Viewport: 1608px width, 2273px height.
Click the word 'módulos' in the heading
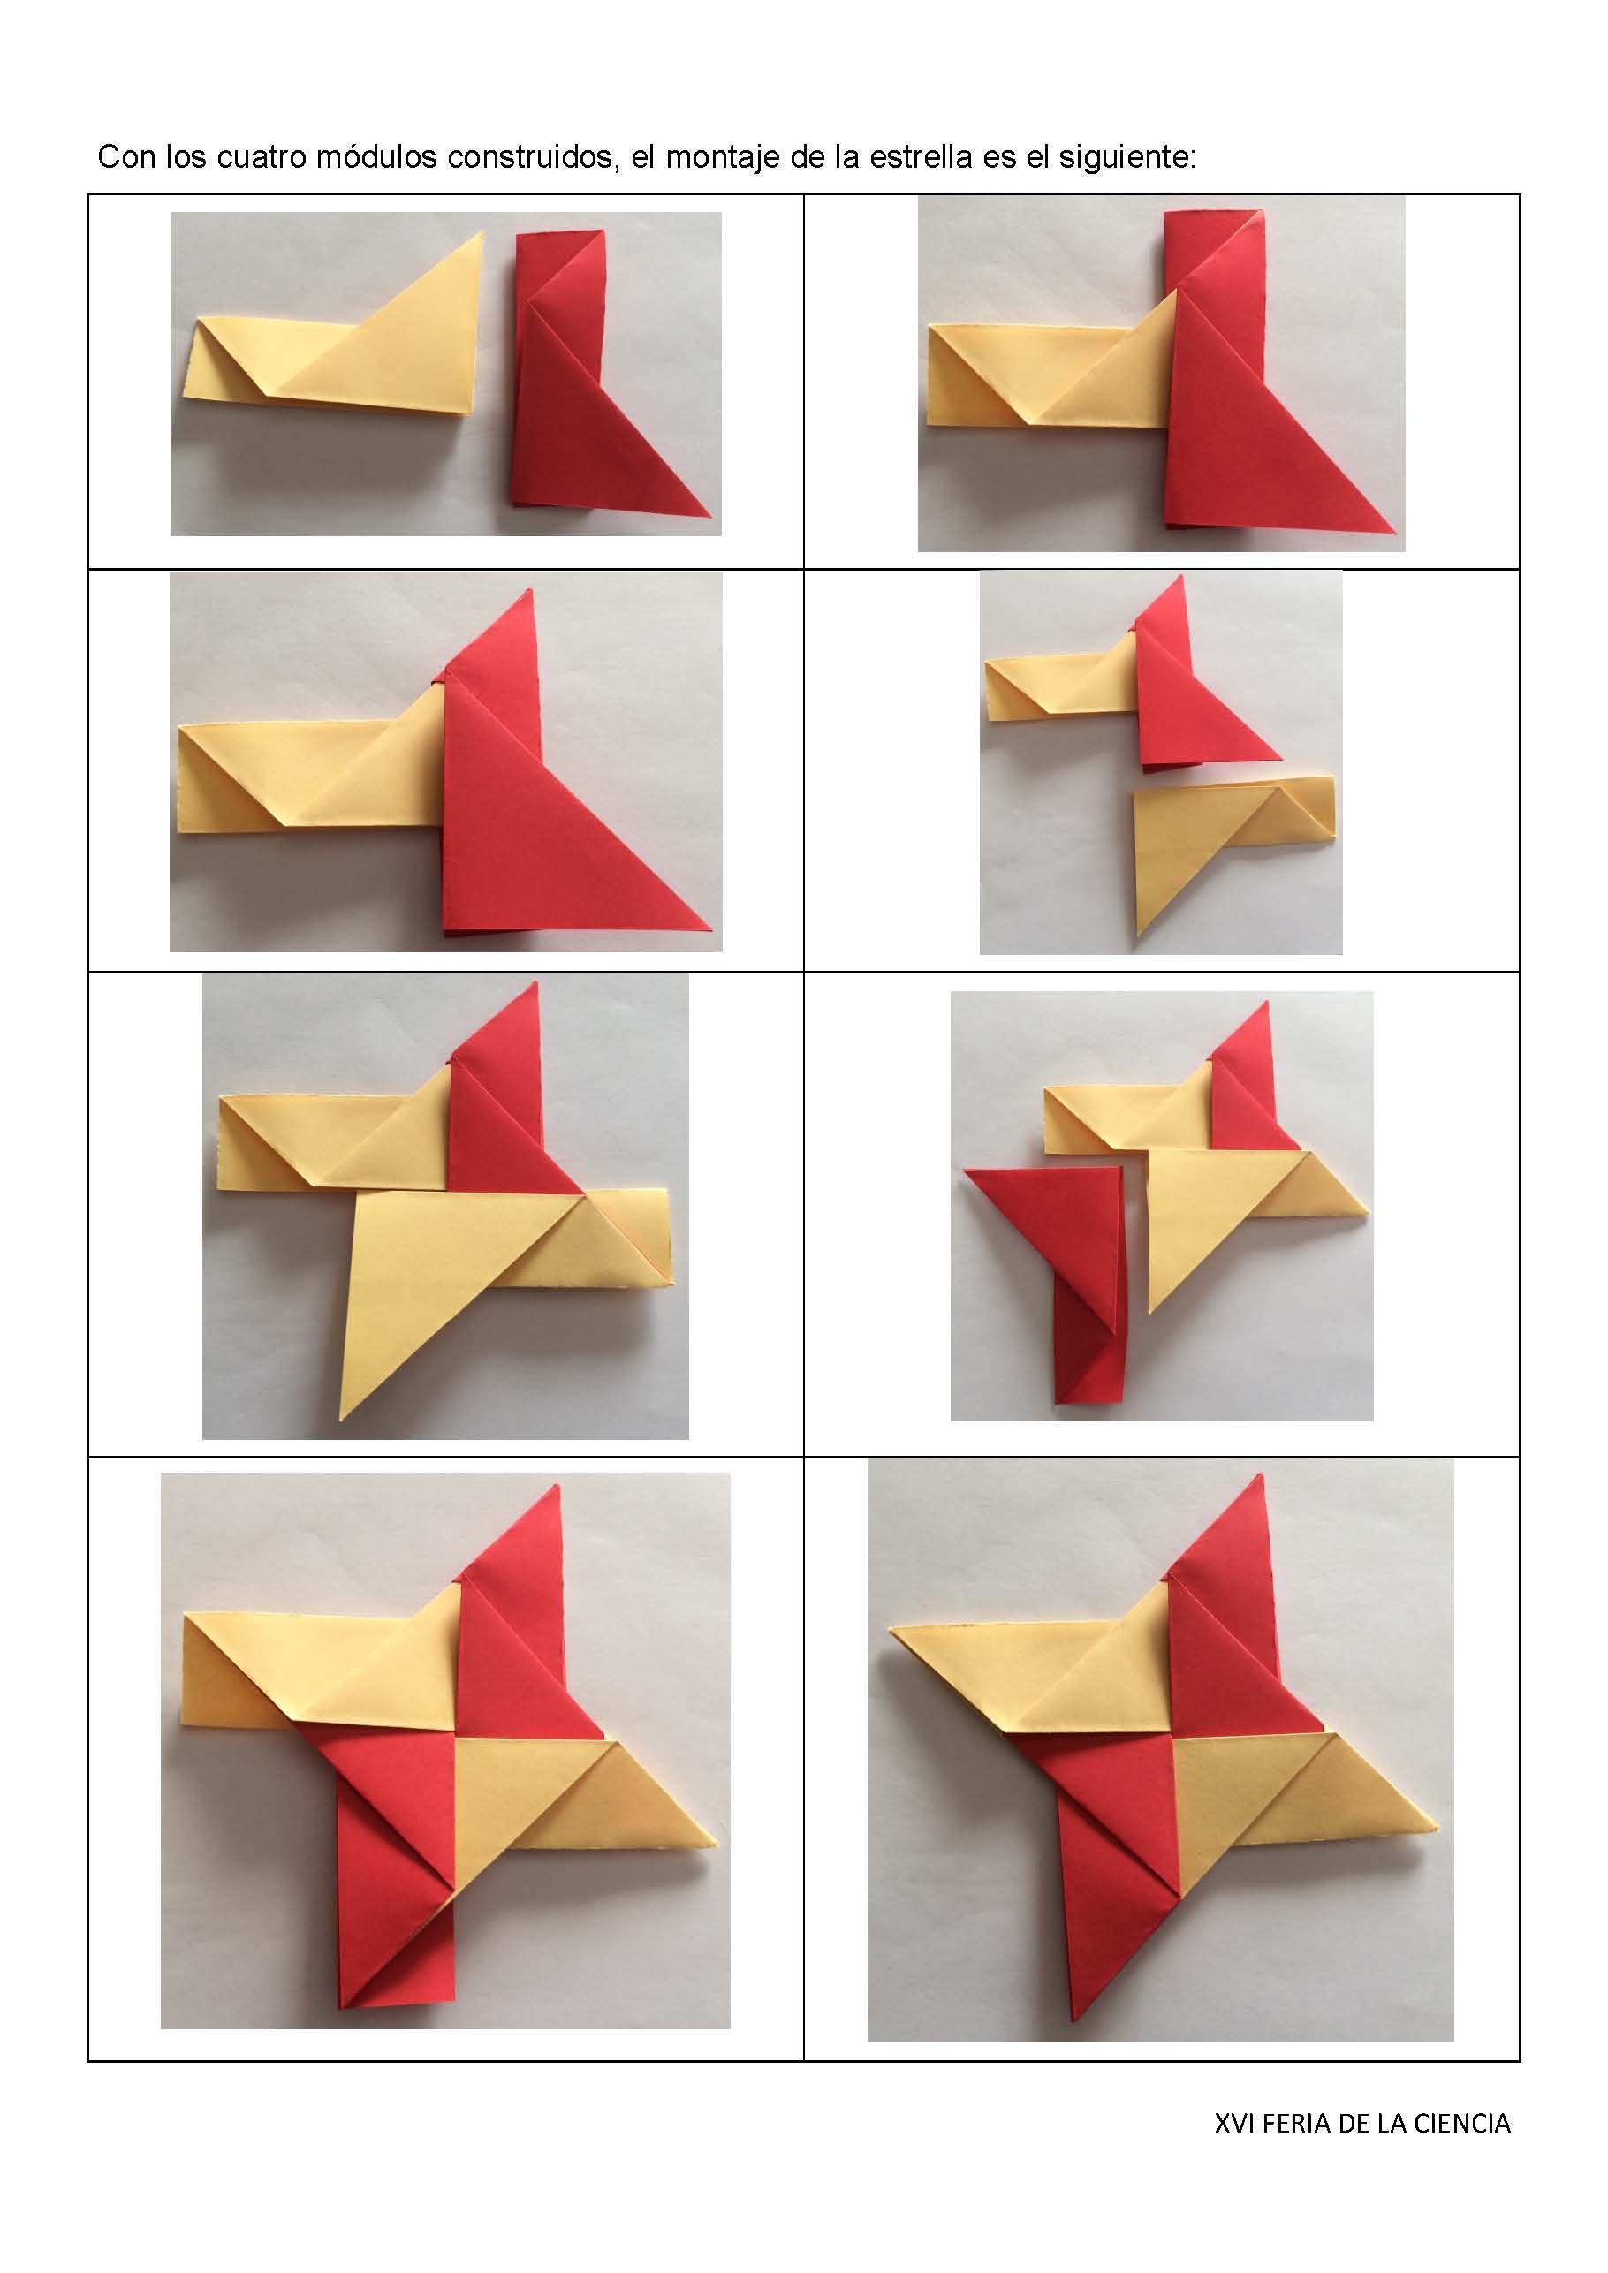(x=376, y=157)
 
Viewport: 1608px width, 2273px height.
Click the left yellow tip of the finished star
(x=896, y=1631)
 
